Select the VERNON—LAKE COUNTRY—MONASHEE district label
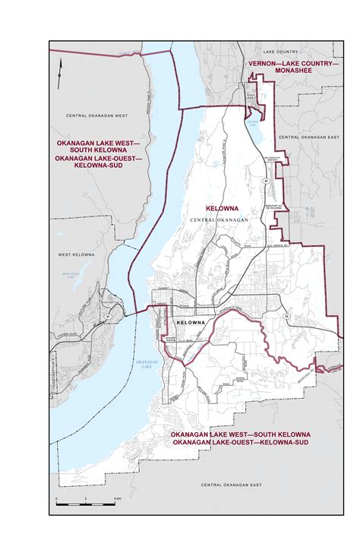(x=293, y=68)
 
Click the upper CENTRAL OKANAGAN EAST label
(x=307, y=137)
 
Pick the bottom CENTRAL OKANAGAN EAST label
(x=231, y=485)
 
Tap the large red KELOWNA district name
(x=223, y=207)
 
